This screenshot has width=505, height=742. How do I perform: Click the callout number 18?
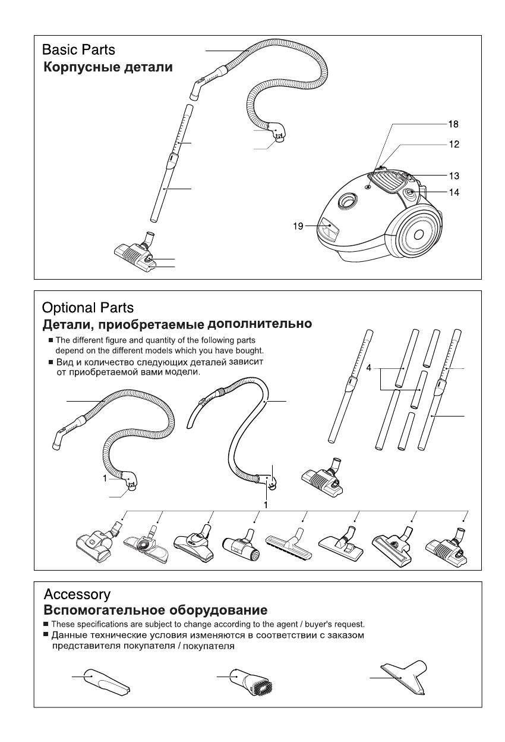point(453,126)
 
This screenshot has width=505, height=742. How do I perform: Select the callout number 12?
point(453,144)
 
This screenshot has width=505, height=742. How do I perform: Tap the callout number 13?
point(453,176)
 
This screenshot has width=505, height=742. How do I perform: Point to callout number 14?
point(453,193)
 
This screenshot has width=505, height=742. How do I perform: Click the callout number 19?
point(298,226)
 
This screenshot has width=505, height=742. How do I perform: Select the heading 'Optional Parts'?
point(88,308)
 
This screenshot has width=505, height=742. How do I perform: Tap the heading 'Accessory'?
point(77,594)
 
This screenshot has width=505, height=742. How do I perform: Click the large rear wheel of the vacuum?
point(418,234)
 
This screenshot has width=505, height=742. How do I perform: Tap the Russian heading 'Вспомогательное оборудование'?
point(155,610)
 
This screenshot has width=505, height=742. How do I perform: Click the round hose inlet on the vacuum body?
point(345,203)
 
